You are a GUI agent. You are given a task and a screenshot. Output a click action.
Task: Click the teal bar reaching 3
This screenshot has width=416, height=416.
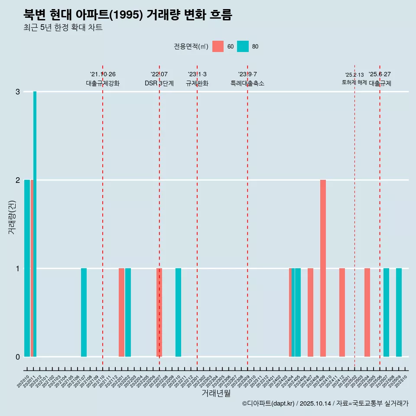pos(35,224)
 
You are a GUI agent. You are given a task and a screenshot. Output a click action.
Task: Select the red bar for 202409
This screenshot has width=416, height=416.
pos(323,268)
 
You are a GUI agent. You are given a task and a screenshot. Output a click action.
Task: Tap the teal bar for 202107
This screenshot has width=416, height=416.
pos(84,312)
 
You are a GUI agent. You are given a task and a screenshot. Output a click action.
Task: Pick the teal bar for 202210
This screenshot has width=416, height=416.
pos(178,312)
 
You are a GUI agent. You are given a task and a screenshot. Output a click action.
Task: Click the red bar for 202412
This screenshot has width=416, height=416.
pos(342,312)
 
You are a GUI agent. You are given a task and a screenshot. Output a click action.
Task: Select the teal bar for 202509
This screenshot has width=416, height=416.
pos(399,312)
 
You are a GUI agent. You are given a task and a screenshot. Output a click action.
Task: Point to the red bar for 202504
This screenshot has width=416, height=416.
pos(367,312)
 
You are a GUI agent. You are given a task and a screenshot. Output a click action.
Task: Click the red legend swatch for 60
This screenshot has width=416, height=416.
pos(218,46)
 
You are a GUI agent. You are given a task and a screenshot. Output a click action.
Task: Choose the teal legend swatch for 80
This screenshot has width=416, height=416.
pos(243,46)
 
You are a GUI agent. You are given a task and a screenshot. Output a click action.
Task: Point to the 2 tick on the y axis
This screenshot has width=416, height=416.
pos(18,180)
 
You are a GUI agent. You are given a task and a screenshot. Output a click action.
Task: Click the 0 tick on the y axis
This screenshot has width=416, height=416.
pos(18,357)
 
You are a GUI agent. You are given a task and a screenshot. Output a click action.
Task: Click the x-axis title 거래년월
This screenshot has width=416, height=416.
pos(216,393)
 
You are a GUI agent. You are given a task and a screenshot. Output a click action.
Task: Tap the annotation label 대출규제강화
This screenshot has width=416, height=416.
pos(103,83)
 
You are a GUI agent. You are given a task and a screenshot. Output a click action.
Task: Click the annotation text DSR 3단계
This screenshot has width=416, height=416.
pos(159,83)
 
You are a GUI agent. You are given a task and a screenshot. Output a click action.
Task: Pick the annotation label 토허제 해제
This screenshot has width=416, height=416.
pos(354,82)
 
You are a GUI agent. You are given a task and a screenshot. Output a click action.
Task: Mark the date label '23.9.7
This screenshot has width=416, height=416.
pos(247,74)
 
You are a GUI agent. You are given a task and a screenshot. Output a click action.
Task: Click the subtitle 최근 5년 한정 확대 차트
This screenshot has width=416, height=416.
pos(63,28)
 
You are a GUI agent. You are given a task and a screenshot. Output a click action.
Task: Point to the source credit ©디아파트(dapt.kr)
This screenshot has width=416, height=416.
pos(269,403)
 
